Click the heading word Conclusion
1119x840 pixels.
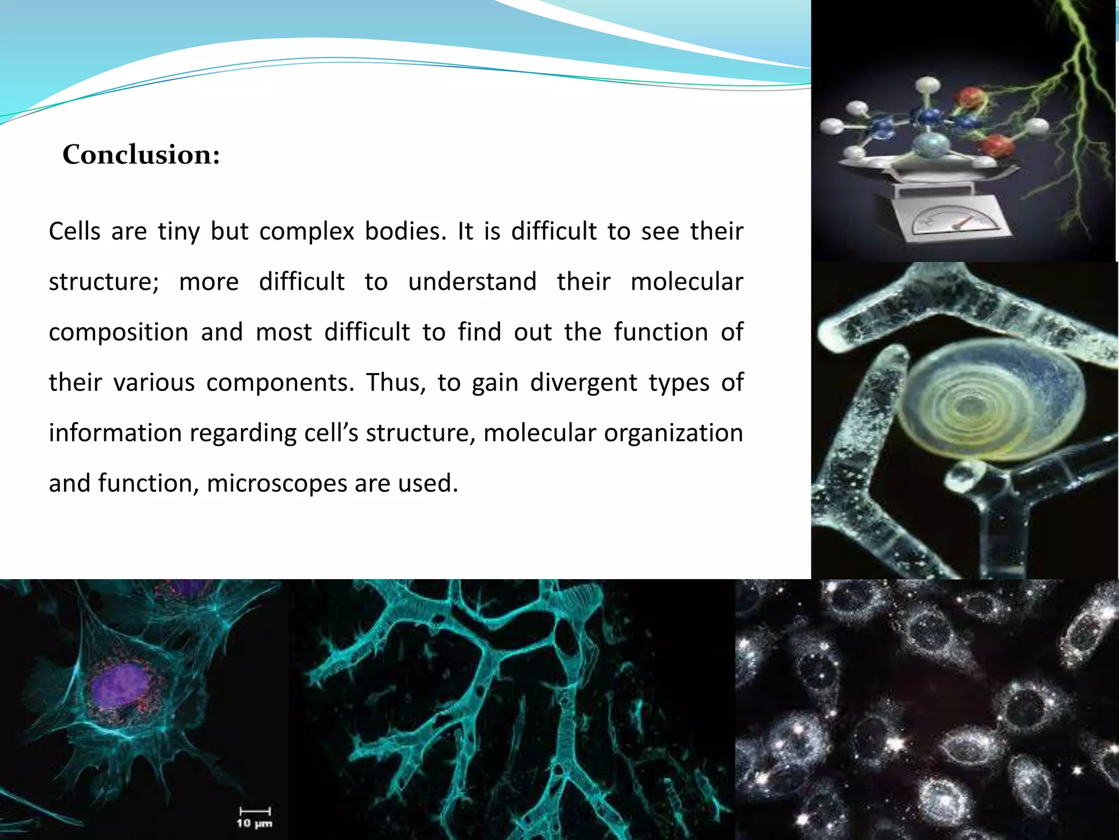click(x=141, y=155)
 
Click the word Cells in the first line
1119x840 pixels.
click(x=75, y=231)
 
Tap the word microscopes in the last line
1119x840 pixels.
click(x=276, y=483)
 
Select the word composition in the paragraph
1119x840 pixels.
click(x=119, y=332)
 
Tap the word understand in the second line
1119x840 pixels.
click(x=472, y=282)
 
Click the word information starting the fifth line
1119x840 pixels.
click(x=115, y=433)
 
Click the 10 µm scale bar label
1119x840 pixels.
click(x=255, y=823)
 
